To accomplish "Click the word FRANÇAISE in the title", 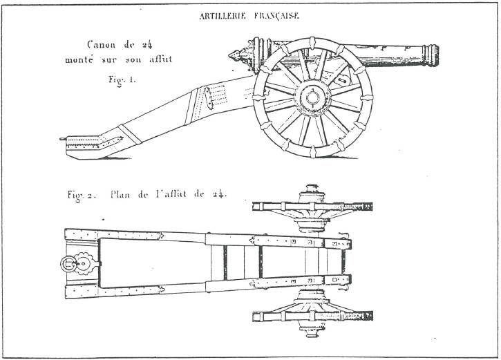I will (275, 18).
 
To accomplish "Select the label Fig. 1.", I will (122, 80).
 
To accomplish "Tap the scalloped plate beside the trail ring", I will (86, 263).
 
